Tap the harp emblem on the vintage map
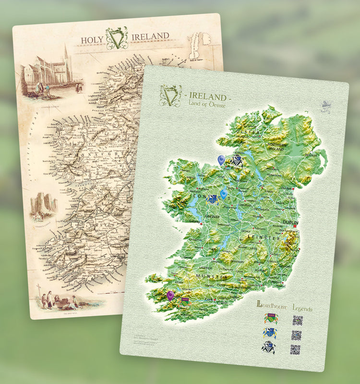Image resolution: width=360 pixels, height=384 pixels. [117, 37]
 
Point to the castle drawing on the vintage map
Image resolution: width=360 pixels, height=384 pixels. [44, 205]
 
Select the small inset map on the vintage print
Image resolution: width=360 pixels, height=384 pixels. [199, 47]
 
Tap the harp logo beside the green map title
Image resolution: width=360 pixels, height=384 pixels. [170, 96]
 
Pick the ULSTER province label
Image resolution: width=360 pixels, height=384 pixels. [248, 132]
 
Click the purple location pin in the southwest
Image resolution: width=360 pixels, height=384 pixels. [170, 295]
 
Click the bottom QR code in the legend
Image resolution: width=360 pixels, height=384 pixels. [295, 349]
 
